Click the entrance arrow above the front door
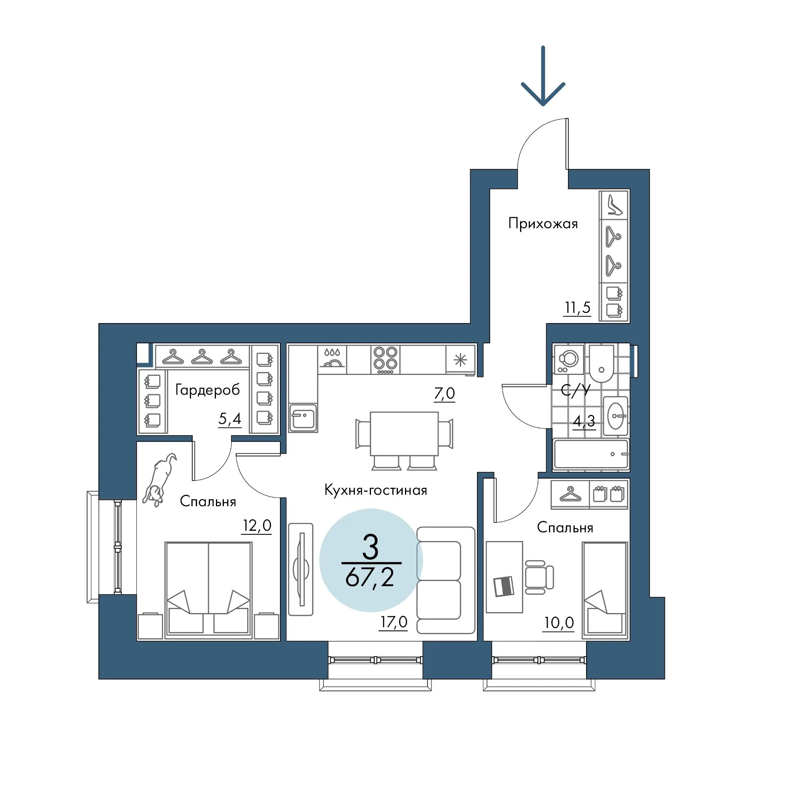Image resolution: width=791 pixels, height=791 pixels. coord(543,76)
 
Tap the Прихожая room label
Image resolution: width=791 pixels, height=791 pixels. coord(543,223)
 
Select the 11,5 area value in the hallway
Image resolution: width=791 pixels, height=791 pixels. coord(578,307)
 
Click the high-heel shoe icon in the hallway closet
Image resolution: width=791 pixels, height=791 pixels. coord(614,205)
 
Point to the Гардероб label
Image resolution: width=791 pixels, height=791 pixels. coord(208,390)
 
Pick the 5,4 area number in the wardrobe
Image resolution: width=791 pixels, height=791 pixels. coord(230,419)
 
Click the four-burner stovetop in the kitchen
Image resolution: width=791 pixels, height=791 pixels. coord(386,360)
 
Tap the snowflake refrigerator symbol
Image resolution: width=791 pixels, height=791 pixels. coord(461,360)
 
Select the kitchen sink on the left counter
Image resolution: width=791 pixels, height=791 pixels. coord(303,418)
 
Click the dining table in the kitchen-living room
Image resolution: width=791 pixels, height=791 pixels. coord(404,433)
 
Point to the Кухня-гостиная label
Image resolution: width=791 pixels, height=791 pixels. coord(375,490)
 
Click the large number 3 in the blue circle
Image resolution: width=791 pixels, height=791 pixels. coord(371,548)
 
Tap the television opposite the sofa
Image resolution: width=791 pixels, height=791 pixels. coord(301,569)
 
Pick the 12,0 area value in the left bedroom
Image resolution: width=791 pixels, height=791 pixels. coord(257,525)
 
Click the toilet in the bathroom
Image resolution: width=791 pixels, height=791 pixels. coord(602,363)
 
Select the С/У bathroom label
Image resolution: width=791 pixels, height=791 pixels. coord(575,390)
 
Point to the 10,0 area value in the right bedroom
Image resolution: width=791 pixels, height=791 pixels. coord(559,623)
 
